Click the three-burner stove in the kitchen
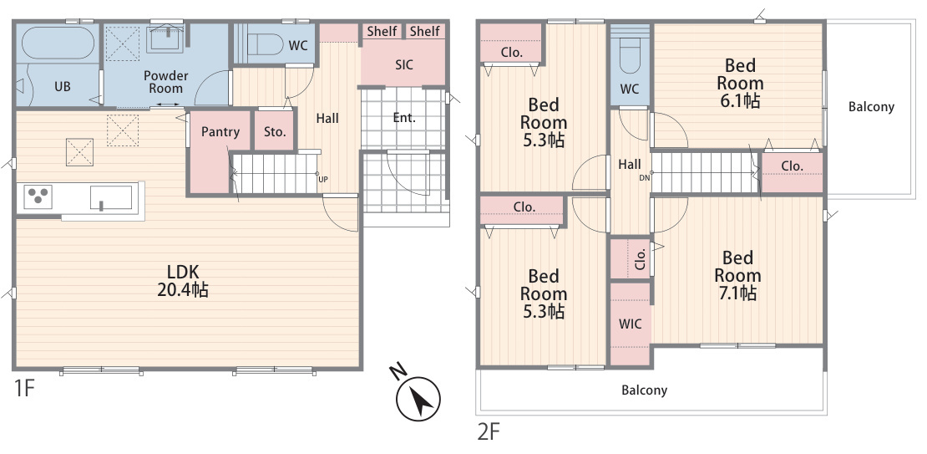point(38,196)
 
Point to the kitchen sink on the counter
point(111,197)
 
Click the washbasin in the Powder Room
point(165,39)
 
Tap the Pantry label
point(220,131)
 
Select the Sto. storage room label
point(275,131)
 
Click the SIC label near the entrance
point(404,64)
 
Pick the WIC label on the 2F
point(630,324)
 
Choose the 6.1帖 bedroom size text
point(740,100)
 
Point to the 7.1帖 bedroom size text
point(737,293)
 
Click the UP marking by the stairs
point(323,179)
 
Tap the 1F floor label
point(24,389)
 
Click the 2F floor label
point(489,431)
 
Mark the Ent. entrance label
point(404,118)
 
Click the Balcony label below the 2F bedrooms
point(645,390)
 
